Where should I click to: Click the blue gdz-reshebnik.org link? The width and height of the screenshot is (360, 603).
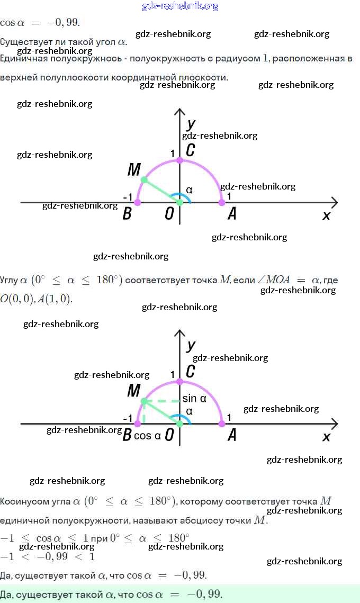[x=180, y=6]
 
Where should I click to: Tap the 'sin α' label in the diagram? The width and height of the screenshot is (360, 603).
[x=194, y=399]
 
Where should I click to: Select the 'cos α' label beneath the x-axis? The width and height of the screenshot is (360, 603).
[x=147, y=436]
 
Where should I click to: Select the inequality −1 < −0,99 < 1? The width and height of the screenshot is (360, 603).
[x=48, y=556]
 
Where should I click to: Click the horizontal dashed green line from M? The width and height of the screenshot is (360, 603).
[x=161, y=402]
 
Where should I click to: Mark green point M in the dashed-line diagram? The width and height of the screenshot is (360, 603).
[x=143, y=402]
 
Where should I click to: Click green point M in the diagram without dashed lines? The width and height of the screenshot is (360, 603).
[x=143, y=180]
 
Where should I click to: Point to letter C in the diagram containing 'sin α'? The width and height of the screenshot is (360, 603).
[x=191, y=372]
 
